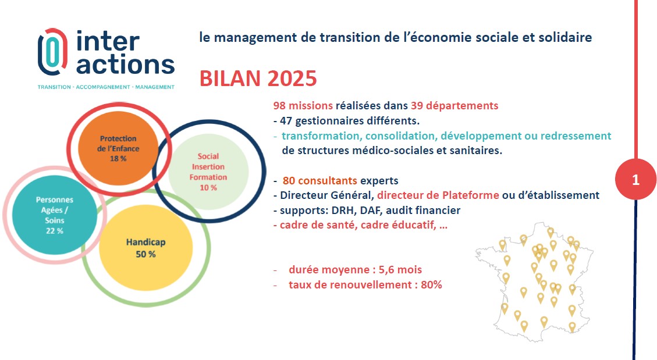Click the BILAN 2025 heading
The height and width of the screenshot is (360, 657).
(258, 79)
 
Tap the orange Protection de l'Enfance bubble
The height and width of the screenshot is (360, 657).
(118, 148)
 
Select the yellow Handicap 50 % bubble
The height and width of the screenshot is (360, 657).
(146, 248)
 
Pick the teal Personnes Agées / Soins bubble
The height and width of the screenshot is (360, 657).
(55, 215)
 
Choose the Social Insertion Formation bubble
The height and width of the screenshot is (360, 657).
(208, 172)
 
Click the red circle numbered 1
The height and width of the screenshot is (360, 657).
(635, 180)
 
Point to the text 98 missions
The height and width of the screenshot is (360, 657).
(303, 105)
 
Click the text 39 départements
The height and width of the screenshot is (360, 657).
(454, 105)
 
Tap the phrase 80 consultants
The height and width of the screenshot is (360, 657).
(319, 180)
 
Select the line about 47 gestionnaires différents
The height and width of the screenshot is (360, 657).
(346, 121)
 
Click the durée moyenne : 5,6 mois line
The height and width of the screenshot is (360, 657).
(356, 270)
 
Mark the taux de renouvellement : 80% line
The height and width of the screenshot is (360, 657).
(365, 284)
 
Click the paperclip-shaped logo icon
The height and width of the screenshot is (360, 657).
(52, 52)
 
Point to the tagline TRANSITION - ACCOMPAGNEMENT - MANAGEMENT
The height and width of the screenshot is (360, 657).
(106, 87)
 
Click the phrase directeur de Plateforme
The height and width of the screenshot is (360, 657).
(438, 195)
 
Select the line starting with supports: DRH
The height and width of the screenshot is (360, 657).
(367, 210)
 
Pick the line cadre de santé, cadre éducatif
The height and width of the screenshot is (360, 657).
(360, 225)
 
